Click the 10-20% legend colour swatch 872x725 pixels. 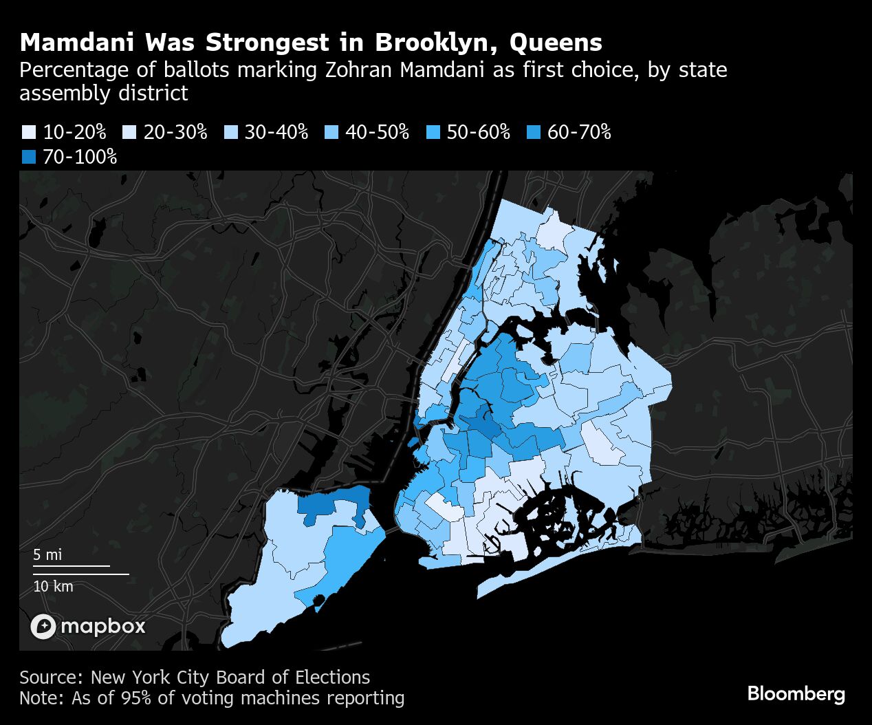coord(28,132)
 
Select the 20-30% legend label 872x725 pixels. coord(175,132)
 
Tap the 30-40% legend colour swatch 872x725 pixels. coord(230,132)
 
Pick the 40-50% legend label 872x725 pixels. coord(377,132)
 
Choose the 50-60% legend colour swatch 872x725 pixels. coord(433,132)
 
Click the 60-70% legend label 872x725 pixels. coord(579,132)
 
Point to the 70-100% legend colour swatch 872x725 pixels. coord(28,157)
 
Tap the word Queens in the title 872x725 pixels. coord(556,43)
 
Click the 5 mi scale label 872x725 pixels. coord(47,554)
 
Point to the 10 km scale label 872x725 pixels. coord(53,586)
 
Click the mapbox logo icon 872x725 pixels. coord(43,626)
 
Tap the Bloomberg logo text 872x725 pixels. coord(796,693)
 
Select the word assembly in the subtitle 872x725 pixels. coord(60,93)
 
